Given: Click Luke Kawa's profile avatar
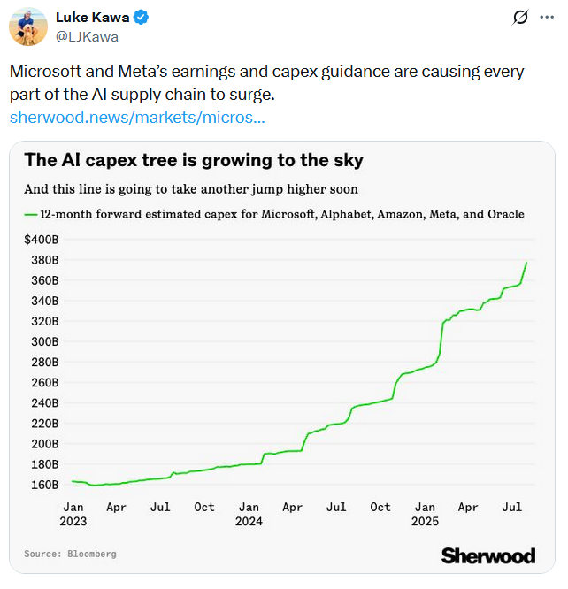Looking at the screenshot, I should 27,27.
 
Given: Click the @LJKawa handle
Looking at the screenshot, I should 87,37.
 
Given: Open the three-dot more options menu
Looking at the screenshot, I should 547,18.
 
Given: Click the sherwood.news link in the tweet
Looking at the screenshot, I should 136,117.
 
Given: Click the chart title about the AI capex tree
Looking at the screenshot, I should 194,160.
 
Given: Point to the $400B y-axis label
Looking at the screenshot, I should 41,240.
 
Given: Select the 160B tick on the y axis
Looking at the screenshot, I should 44,485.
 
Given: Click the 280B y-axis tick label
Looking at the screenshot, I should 44,363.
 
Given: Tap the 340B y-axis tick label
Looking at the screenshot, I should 44,301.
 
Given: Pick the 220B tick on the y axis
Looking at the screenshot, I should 44,424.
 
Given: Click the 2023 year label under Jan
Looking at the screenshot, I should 73,521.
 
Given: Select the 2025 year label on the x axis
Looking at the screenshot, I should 426,521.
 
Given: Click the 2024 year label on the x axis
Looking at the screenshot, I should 249,521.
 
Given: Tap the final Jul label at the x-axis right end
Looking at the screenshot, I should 511,507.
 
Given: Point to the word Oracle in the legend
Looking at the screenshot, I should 505,214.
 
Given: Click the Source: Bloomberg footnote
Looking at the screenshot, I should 70,554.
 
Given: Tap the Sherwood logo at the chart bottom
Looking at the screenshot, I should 487,555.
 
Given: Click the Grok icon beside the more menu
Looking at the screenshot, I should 521,18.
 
